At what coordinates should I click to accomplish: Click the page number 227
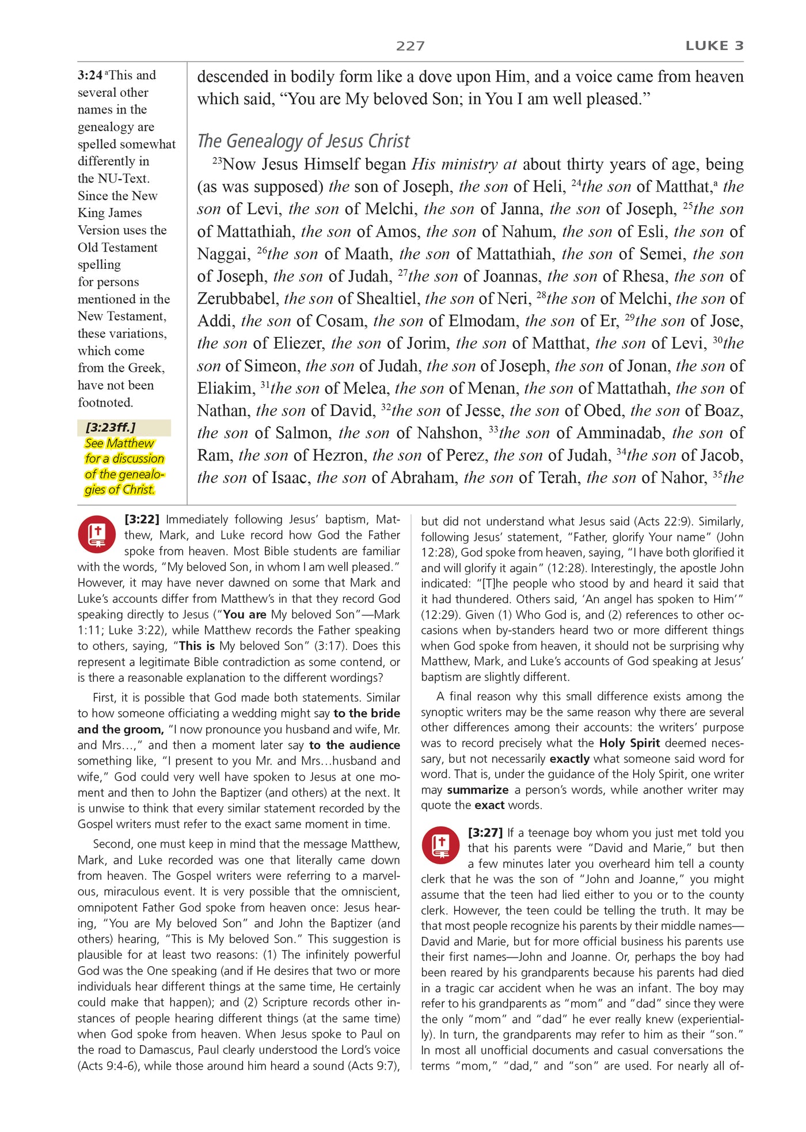pos(410,46)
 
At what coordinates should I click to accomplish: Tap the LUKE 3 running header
pos(714,46)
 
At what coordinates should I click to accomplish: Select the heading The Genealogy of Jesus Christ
pos(303,141)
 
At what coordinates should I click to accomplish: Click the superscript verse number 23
pos(217,161)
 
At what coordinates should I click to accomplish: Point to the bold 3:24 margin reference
pos(90,75)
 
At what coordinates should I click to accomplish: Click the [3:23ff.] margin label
pos(110,427)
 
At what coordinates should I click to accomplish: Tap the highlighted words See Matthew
pos(119,443)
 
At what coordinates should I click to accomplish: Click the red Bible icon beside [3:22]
pos(97,534)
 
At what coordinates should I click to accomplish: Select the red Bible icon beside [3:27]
pos(440,845)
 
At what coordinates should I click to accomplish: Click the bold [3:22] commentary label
pos(142,519)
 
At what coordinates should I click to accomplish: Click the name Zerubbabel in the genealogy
pos(237,299)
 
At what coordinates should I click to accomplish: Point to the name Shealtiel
pos(387,299)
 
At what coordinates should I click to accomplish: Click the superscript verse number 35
pos(717,474)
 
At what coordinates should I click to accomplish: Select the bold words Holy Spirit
pos(629,743)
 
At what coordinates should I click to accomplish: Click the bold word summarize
pos(477,790)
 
